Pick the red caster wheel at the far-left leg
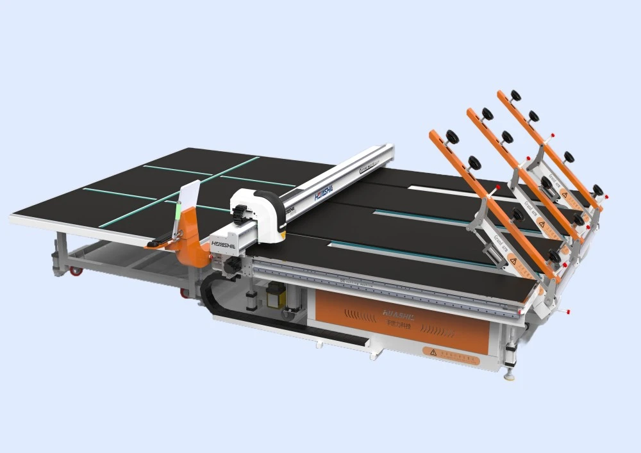pos(76,271)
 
